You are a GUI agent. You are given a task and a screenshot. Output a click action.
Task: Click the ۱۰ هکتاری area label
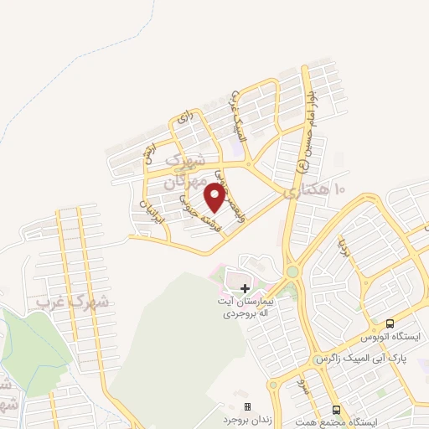click(x=315, y=191)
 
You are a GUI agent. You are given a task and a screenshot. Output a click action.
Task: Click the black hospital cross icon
click(x=245, y=287)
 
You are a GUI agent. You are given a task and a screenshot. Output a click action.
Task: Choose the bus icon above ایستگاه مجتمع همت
click(x=336, y=409)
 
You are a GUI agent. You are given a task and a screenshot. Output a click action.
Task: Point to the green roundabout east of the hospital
click(x=292, y=272)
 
